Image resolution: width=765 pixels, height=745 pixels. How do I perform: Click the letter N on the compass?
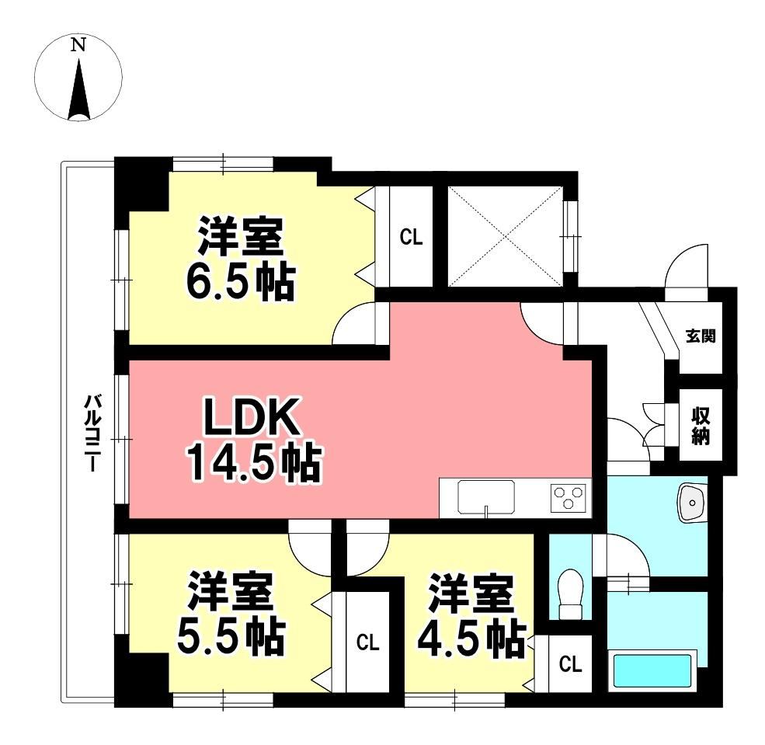[78, 45]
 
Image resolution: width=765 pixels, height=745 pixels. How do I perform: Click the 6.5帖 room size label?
[240, 282]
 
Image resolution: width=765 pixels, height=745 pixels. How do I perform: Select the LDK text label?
[252, 416]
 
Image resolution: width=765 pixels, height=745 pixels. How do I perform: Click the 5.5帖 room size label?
[231, 636]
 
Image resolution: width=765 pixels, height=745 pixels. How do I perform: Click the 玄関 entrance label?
[701, 336]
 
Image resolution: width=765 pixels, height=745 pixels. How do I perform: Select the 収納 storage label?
[701, 425]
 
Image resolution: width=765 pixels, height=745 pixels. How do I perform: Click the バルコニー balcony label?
[92, 433]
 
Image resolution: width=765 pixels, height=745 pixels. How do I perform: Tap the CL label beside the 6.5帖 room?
[411, 237]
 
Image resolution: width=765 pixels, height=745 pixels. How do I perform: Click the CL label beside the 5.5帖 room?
[367, 642]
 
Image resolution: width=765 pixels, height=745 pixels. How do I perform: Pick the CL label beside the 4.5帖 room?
[570, 664]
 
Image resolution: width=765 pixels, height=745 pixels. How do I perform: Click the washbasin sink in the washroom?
[691, 503]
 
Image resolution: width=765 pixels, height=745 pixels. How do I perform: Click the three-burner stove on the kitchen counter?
[568, 498]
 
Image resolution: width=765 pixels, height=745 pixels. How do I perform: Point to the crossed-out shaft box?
[505, 237]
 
